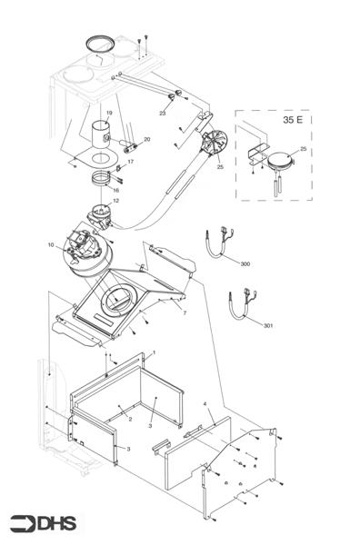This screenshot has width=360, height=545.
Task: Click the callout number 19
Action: point(109,113)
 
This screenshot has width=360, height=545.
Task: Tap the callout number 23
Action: point(163,114)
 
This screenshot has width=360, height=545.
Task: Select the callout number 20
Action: point(147,139)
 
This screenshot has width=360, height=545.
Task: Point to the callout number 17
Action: point(130,162)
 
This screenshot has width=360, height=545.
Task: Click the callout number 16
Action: point(115,190)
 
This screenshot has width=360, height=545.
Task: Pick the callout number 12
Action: point(115,201)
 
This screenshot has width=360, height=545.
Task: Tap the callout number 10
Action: point(51,245)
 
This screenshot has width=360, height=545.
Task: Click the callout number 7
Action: point(185,312)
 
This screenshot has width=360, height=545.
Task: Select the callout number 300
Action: point(245,263)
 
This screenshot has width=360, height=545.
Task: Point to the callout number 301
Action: point(268,326)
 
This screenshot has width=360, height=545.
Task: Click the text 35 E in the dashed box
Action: point(293,120)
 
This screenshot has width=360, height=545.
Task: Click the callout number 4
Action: point(205,404)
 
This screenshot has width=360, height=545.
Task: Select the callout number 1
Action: point(154,352)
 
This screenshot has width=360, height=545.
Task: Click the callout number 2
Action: point(130,419)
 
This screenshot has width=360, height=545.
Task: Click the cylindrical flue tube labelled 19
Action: point(102,134)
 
